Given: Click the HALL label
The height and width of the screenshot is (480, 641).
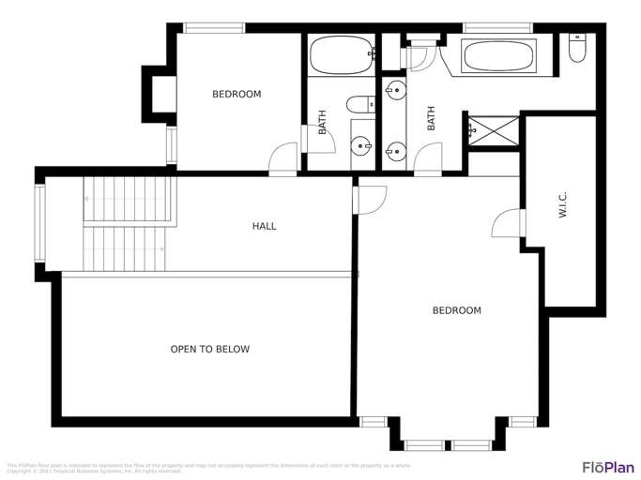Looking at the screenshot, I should [x=265, y=226].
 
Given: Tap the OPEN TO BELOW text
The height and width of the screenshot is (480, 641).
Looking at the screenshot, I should [x=209, y=350].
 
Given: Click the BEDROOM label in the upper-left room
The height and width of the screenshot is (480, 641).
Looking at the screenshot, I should [x=237, y=94].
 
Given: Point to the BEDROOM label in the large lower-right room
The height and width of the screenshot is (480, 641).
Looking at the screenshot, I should [x=456, y=310].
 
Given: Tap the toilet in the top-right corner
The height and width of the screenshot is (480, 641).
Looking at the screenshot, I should [x=577, y=49].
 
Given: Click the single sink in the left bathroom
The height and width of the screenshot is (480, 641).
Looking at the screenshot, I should [x=360, y=146].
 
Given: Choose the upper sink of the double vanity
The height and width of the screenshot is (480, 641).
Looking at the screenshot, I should [x=395, y=92].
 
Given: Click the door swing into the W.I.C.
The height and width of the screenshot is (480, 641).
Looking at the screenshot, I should [x=507, y=222].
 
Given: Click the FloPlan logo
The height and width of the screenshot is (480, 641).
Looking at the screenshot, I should [x=606, y=466].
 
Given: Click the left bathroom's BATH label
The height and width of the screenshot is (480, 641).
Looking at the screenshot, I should [x=322, y=123].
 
